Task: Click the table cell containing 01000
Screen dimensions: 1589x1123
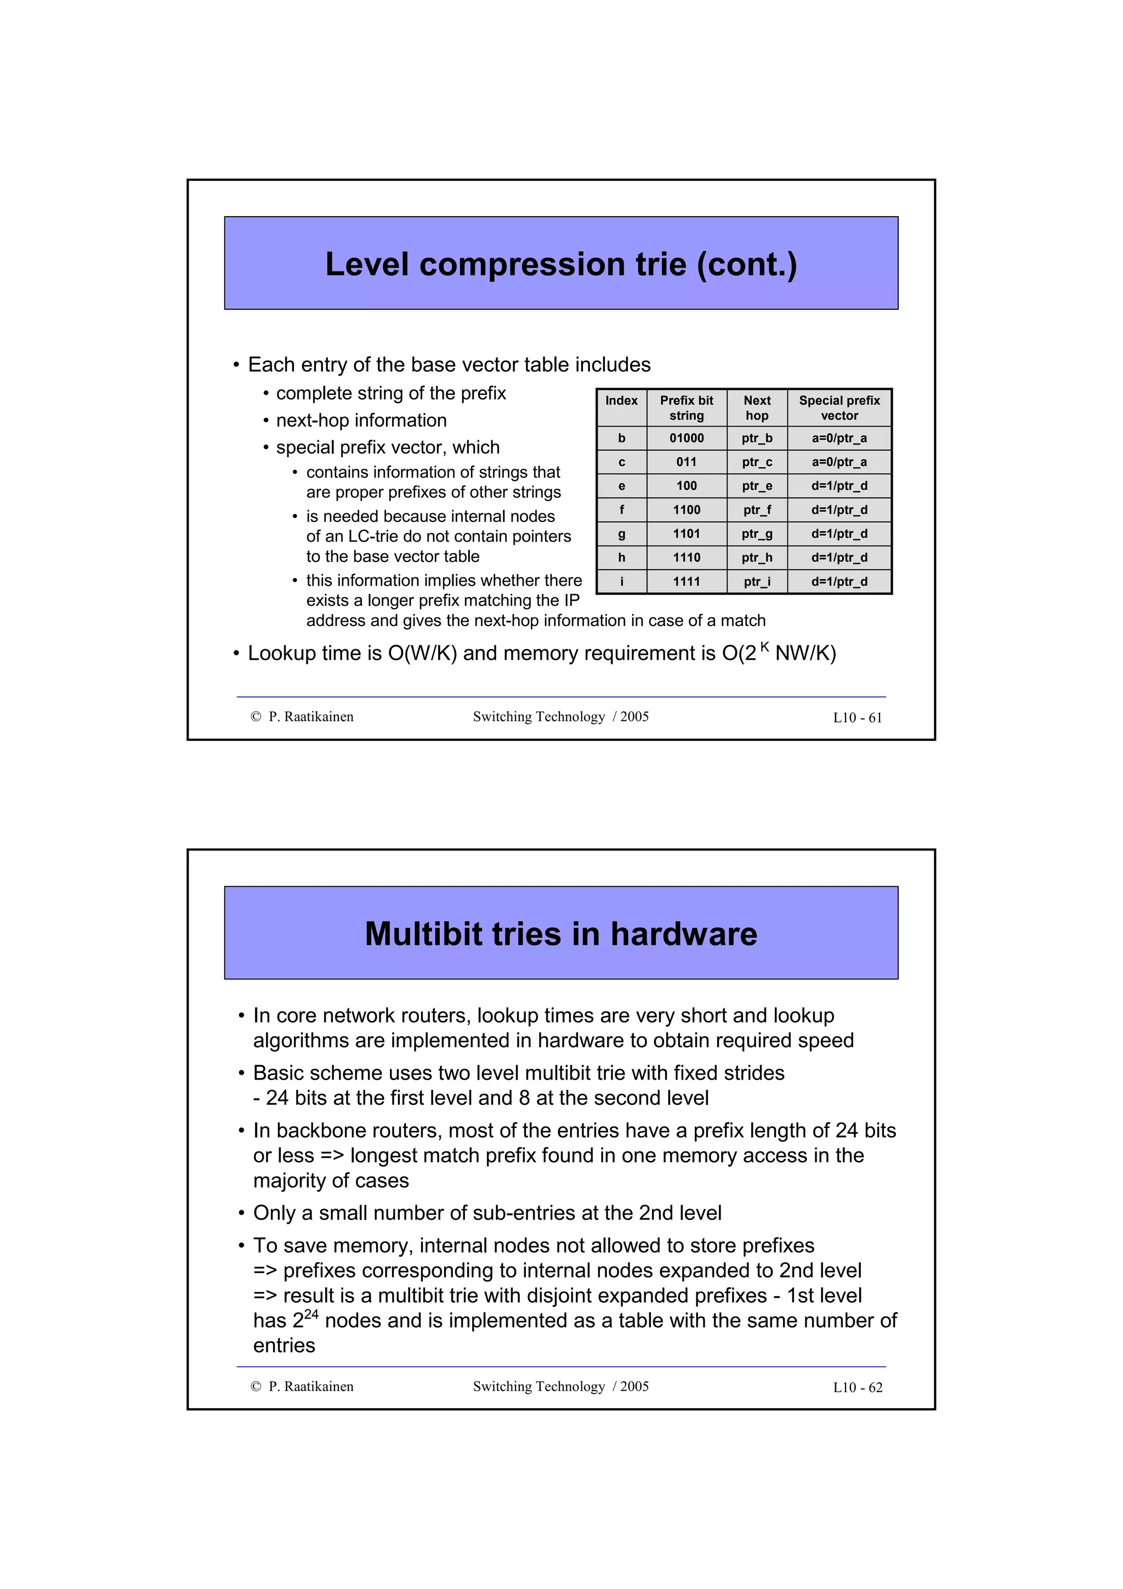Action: click(687, 438)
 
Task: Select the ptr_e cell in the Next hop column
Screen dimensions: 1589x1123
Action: click(757, 486)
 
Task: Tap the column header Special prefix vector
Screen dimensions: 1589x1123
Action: click(840, 407)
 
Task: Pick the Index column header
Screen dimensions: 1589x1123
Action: click(621, 401)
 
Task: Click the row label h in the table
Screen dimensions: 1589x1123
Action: click(621, 558)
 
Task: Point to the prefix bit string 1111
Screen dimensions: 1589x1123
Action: click(687, 582)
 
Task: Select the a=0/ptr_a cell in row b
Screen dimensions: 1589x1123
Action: click(840, 438)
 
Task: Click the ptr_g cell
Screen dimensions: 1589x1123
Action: click(757, 534)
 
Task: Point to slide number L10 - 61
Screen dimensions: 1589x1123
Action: click(857, 718)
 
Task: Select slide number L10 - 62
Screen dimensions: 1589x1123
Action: click(857, 1388)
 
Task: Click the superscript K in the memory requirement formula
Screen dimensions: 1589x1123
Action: click(764, 646)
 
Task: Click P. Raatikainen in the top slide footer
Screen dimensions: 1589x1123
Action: click(311, 717)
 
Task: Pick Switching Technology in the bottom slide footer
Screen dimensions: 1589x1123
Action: click(539, 1387)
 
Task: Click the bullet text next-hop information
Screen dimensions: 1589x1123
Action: click(361, 421)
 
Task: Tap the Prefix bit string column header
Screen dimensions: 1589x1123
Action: click(687, 407)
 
